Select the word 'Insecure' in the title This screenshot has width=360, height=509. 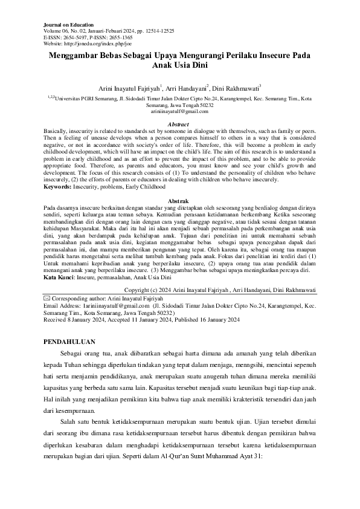pyautogui.click(x=262, y=55)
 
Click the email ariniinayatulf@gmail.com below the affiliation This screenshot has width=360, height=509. pyautogui.click(x=179, y=111)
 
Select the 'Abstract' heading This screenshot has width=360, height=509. pyautogui.click(x=179, y=124)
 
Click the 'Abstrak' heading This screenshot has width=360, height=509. pyautogui.click(x=179, y=200)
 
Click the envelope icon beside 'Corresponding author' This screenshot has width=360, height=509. pyautogui.click(x=48, y=298)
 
